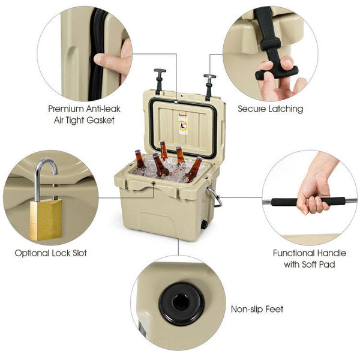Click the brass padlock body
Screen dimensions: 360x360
(46, 220)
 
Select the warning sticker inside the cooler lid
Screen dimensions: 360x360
(183, 124)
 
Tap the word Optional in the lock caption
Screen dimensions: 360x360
(32, 253)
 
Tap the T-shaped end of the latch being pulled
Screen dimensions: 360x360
(277, 73)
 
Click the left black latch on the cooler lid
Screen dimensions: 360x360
(160, 81)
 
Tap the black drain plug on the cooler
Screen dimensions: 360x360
(204, 225)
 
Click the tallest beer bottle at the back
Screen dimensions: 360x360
(163, 151)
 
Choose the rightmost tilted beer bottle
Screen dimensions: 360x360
(194, 169)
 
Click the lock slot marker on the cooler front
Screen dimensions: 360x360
(154, 184)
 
